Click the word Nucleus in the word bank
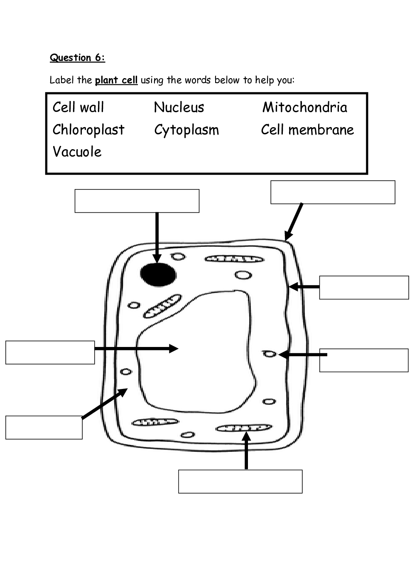click(x=179, y=107)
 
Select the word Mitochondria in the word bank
click(x=304, y=107)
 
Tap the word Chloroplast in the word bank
click(x=88, y=130)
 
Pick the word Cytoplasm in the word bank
click(x=186, y=130)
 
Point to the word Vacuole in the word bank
click(x=77, y=152)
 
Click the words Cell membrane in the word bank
click(x=307, y=130)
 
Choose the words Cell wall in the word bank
click(x=78, y=107)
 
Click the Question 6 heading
click(x=77, y=58)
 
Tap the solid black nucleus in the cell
click(x=158, y=275)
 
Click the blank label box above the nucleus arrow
click(x=137, y=201)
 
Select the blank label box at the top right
click(x=333, y=192)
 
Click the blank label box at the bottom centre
click(x=240, y=482)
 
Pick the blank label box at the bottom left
click(x=44, y=427)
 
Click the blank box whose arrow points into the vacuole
click(x=50, y=352)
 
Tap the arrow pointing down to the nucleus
click(x=157, y=237)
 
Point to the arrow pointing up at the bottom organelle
click(x=247, y=451)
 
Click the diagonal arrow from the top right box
click(x=294, y=221)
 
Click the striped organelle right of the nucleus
click(x=234, y=259)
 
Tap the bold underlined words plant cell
click(x=116, y=80)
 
